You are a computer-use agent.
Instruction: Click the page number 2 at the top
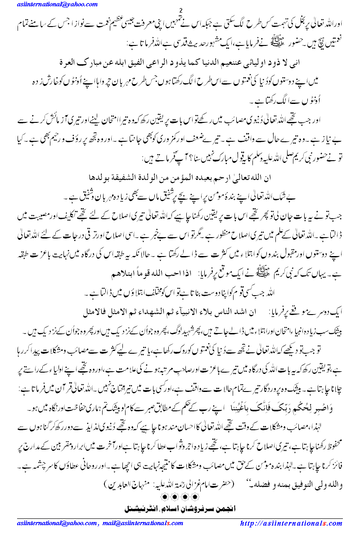click(x=180, y=11)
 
